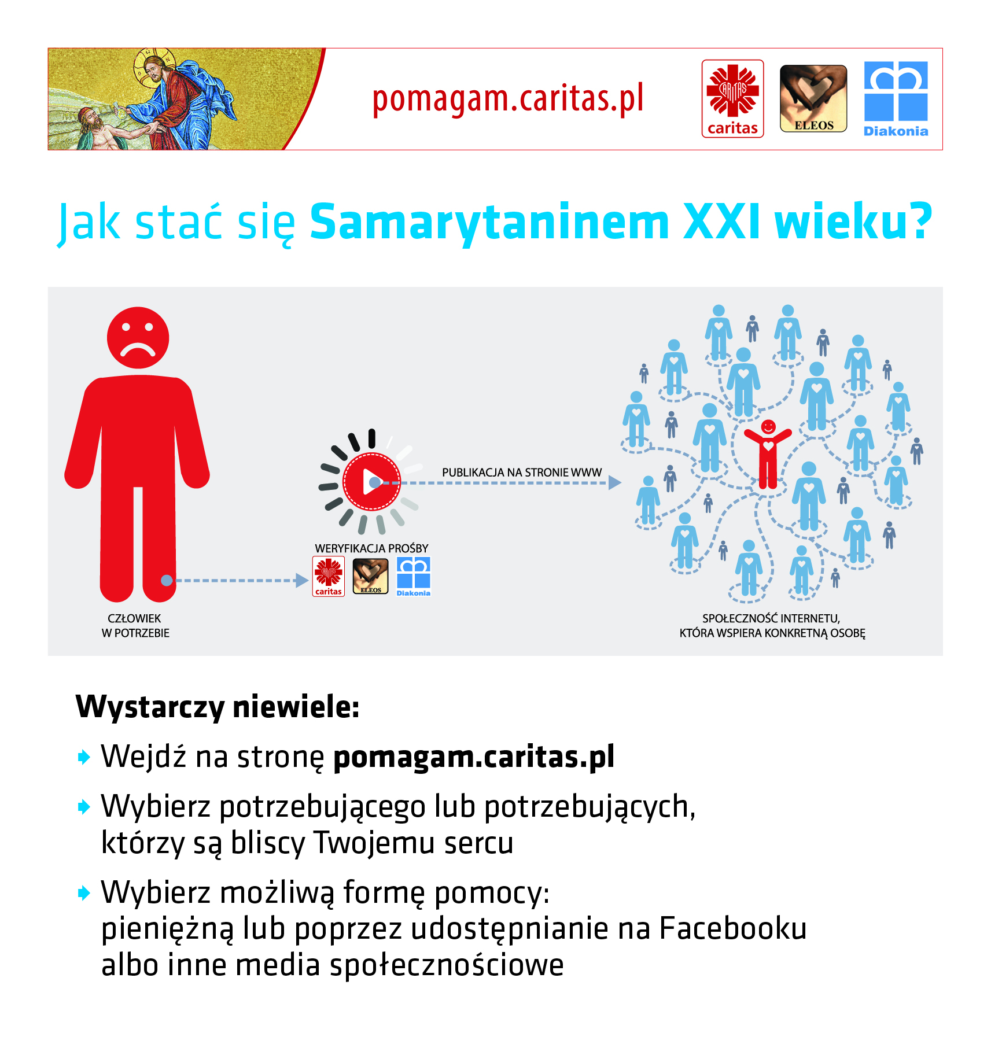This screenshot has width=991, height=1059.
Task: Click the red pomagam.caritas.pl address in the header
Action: tap(508, 99)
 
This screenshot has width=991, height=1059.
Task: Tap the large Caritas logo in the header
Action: tap(732, 99)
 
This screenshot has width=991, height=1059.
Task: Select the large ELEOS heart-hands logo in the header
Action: tap(813, 99)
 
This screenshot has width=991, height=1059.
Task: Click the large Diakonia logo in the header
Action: tap(896, 99)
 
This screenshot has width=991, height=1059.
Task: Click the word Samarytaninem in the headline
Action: tap(489, 222)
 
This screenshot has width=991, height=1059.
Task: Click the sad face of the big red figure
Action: tap(138, 338)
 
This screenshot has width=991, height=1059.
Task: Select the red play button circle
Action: tap(371, 481)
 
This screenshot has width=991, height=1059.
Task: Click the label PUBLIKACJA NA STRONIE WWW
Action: tap(522, 473)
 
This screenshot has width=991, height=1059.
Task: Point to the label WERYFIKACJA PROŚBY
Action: tap(371, 548)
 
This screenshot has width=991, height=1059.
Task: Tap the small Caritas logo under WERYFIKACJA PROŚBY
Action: tap(329, 576)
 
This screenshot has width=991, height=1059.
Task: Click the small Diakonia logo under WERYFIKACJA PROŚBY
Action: tap(414, 576)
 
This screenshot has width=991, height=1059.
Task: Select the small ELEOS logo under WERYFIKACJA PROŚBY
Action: tap(371, 576)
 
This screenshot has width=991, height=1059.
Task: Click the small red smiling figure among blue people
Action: tap(768, 455)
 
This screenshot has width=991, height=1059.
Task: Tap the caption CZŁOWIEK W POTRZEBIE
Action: tap(135, 626)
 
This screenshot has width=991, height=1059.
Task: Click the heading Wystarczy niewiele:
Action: tap(218, 707)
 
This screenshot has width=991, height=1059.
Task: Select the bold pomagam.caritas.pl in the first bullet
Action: tap(474, 757)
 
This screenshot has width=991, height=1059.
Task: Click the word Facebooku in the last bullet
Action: tap(732, 929)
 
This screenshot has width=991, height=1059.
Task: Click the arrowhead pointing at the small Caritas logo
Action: tap(301, 580)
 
